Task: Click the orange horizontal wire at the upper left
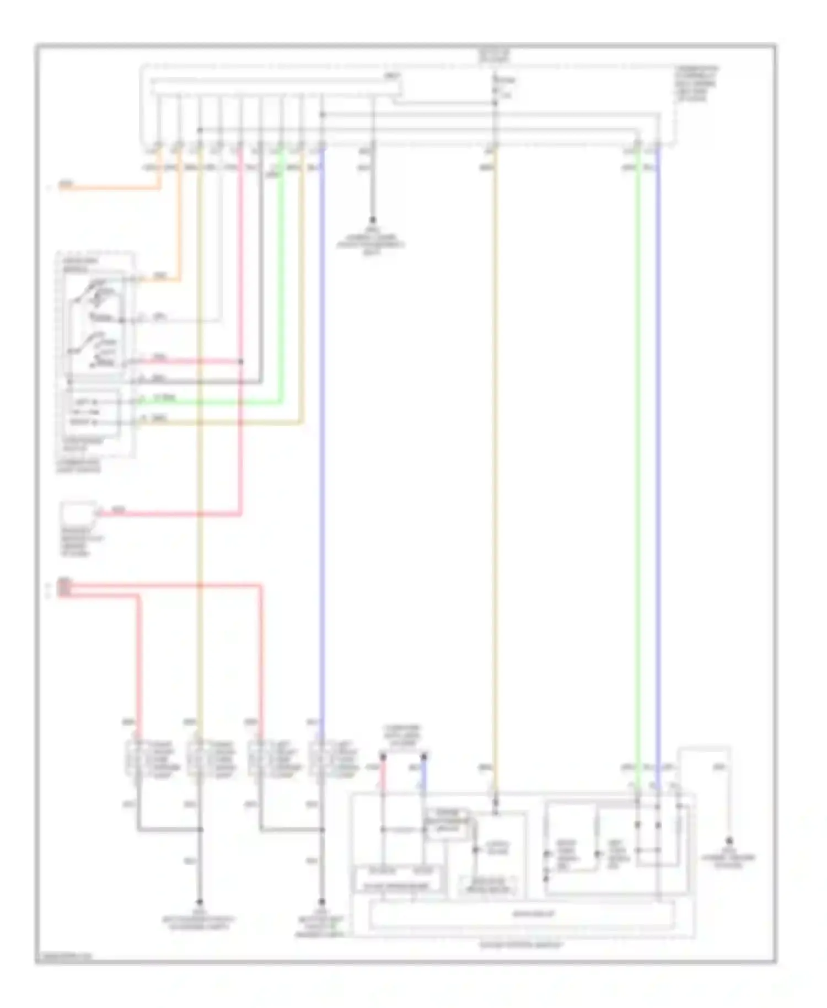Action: click(110, 189)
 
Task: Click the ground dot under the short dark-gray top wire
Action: click(372, 219)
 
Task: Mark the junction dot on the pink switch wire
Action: click(241, 362)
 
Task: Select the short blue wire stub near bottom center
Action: click(424, 769)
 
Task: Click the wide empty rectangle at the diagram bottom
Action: click(521, 914)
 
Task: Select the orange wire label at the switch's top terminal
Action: click(160, 276)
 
